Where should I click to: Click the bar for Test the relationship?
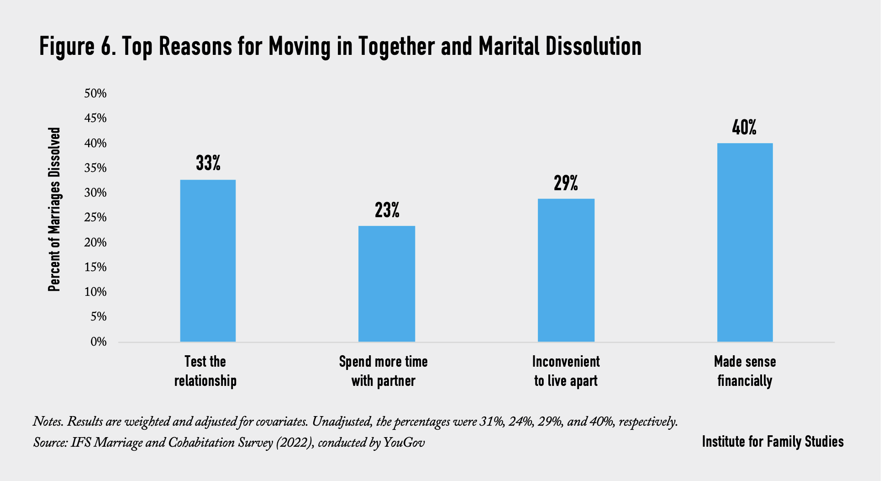pyautogui.click(x=208, y=261)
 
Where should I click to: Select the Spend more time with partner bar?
pyautogui.click(x=387, y=283)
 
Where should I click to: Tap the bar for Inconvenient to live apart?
pyautogui.click(x=566, y=270)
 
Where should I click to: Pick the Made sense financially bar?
pyautogui.click(x=745, y=242)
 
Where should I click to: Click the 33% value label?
pyautogui.click(x=208, y=163)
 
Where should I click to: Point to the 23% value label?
pyautogui.click(x=387, y=210)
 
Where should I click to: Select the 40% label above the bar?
pyautogui.click(x=744, y=128)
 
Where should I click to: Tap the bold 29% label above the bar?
pyautogui.click(x=566, y=183)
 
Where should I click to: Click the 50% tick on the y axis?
pyautogui.click(x=95, y=94)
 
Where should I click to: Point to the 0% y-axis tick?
pyautogui.click(x=99, y=342)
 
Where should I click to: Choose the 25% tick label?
pyautogui.click(x=95, y=218)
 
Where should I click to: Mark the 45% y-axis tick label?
pyautogui.click(x=95, y=118)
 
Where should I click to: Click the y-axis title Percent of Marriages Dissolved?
pyautogui.click(x=54, y=209)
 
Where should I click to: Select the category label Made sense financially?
pyautogui.click(x=745, y=371)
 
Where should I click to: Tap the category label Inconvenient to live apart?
pyautogui.click(x=566, y=371)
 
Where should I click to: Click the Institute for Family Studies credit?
pyautogui.click(x=773, y=442)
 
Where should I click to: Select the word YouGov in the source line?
pyautogui.click(x=404, y=443)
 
